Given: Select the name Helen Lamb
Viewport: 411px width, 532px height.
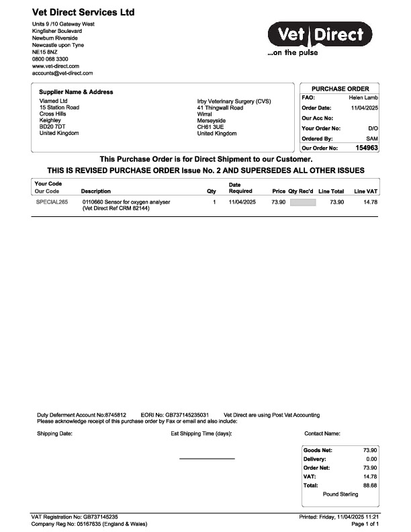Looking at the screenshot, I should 364,97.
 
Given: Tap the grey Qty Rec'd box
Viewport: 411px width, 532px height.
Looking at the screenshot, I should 302,202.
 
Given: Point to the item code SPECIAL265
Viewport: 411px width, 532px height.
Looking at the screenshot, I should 52,202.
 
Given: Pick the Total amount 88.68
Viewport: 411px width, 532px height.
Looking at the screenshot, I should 369,484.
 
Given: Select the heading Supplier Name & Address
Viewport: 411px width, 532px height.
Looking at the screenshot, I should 76,92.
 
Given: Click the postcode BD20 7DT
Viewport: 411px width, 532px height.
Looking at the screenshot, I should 52,126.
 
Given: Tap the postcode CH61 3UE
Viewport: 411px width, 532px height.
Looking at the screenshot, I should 210,126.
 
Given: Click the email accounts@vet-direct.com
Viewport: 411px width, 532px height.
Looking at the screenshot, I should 62,73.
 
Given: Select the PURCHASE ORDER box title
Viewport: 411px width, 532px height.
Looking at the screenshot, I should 340,89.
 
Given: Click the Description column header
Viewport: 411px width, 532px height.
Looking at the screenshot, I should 95,191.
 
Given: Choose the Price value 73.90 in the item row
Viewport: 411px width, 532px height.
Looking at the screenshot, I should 279,202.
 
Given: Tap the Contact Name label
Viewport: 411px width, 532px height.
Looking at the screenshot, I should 322,434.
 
